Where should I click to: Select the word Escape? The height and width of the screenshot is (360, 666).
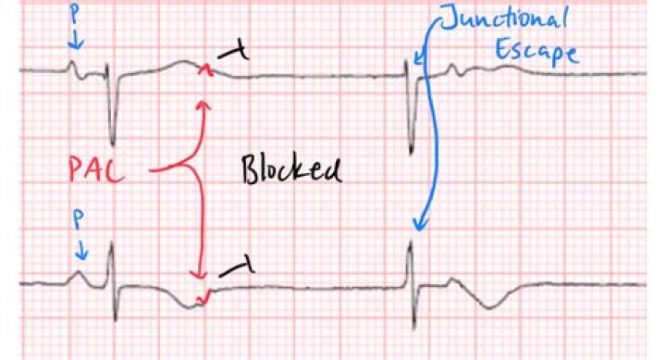tap(536, 50)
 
